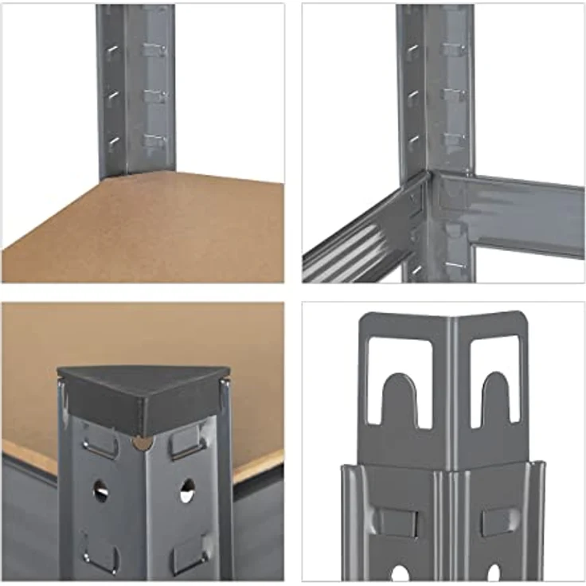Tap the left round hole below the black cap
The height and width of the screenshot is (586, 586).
(x=100, y=490)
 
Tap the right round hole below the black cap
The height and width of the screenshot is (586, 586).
(x=186, y=490)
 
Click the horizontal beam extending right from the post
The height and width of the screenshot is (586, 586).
(x=510, y=212)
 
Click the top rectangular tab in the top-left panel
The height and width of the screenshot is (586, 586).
(x=154, y=49)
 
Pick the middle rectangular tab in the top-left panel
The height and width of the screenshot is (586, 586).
(x=154, y=96)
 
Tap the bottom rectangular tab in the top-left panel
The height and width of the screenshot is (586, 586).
(x=154, y=141)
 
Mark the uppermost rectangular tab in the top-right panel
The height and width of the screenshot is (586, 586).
(x=454, y=49)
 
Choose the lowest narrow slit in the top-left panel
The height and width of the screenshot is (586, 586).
(x=114, y=143)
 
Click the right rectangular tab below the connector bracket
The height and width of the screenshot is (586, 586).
(x=500, y=522)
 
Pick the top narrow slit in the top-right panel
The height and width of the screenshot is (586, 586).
(x=412, y=53)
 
